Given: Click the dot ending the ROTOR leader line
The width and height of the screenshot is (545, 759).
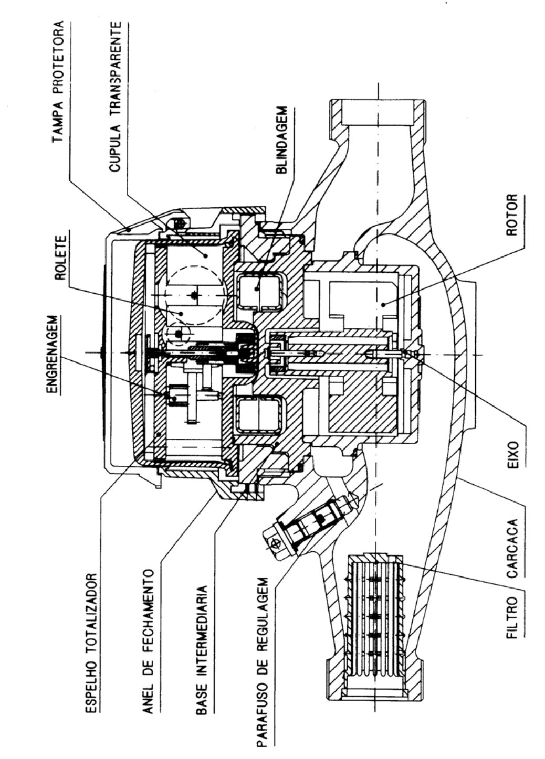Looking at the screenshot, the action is pos(384,305).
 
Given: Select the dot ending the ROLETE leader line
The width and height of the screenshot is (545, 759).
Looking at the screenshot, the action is pos(181,314).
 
